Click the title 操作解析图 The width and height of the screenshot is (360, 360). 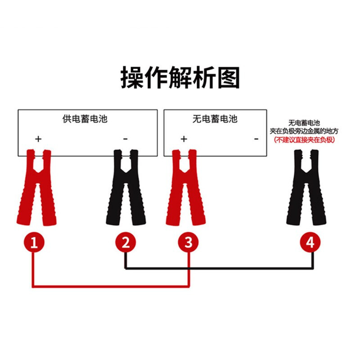click(180, 77)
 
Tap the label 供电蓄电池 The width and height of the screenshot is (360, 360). click(85, 119)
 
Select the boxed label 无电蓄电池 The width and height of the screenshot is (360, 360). click(215, 119)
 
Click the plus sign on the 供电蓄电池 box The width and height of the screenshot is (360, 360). click(38, 139)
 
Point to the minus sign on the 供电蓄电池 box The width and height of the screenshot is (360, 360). click(126, 139)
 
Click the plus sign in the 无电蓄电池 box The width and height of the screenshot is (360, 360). click(184, 139)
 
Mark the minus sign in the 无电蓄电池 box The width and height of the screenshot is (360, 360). click(256, 139)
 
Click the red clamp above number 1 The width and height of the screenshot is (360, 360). click(37, 188)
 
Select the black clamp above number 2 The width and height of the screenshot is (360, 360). click(126, 188)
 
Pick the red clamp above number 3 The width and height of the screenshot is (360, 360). click(186, 188)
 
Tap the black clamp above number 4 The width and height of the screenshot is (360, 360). click(306, 188)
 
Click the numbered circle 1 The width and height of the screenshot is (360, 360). click(34, 243)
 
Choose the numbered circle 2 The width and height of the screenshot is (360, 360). click(126, 243)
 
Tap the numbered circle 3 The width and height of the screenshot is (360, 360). click(188, 243)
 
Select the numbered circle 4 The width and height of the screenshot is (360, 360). click(310, 243)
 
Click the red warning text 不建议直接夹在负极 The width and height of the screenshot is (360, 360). click(304, 140)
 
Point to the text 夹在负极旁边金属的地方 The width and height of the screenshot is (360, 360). click(304, 131)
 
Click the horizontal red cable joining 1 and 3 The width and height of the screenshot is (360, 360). click(111, 286)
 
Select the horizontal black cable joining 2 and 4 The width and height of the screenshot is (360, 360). click(219, 268)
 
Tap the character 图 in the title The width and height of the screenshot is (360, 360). click(229, 77)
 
